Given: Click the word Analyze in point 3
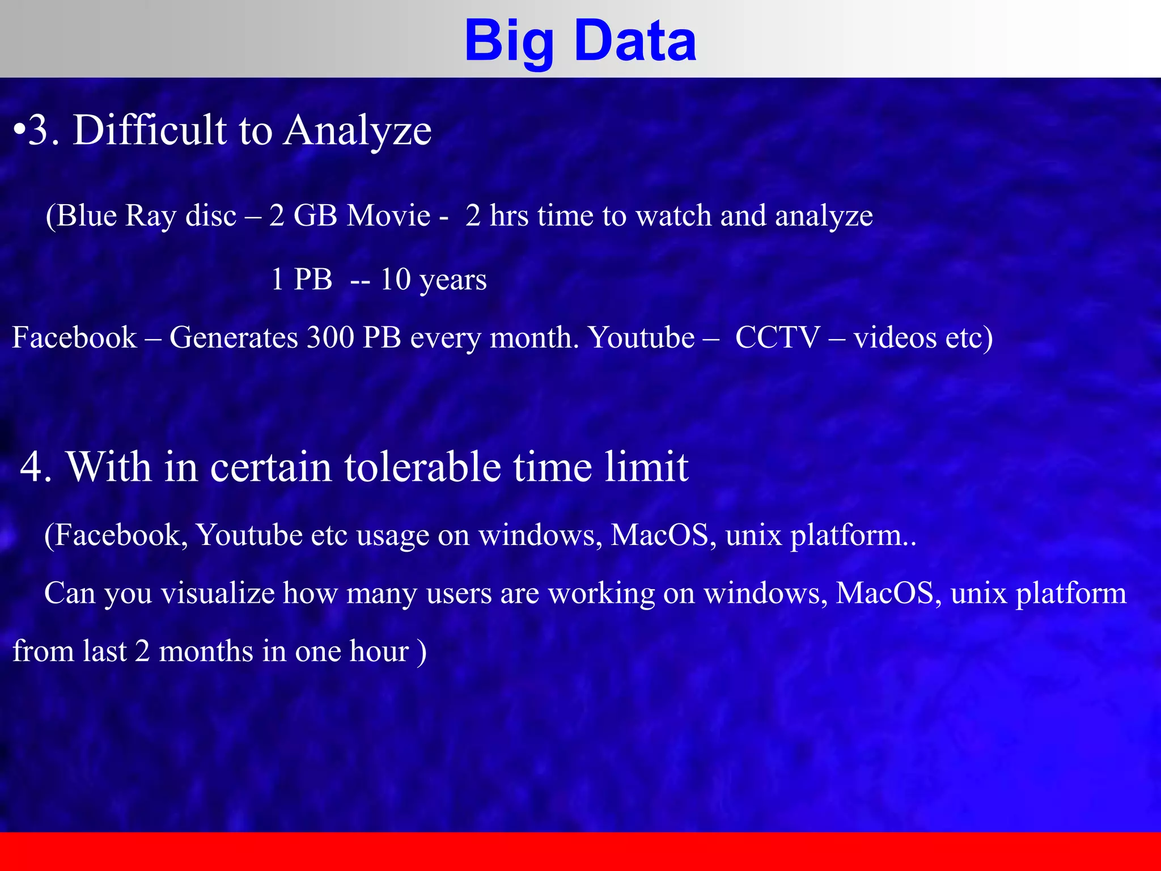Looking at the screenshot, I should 358,130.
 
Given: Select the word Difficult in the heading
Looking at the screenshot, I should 150,130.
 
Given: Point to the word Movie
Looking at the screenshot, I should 388,216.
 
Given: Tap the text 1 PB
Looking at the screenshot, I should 301,280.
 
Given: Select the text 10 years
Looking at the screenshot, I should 433,280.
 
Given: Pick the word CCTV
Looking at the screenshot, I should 777,337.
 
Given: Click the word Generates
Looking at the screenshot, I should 234,337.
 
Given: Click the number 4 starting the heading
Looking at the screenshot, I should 35,467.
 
